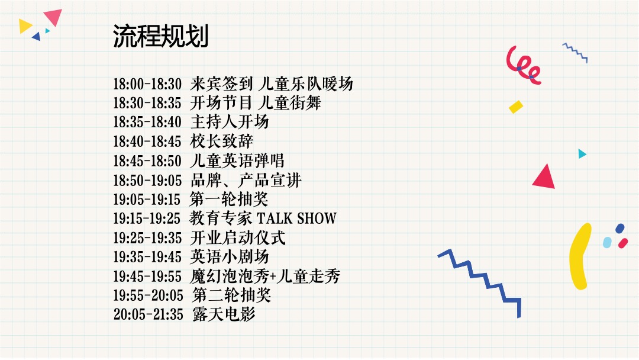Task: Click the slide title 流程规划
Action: [x=160, y=37]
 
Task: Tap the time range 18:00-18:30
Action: [x=147, y=84]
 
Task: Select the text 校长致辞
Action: [x=221, y=142]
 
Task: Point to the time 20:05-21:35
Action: [x=148, y=314]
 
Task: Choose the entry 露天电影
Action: [x=224, y=314]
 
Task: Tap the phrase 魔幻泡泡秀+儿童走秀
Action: [x=265, y=276]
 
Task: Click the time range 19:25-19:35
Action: [x=147, y=238]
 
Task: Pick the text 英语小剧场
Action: [x=229, y=256]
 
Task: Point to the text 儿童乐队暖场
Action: [x=306, y=84]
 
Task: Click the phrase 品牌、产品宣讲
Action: [x=246, y=180]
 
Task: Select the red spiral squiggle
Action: [x=523, y=65]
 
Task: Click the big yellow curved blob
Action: [x=580, y=255]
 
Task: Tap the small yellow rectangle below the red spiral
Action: [x=516, y=107]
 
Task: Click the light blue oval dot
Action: [x=607, y=242]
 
